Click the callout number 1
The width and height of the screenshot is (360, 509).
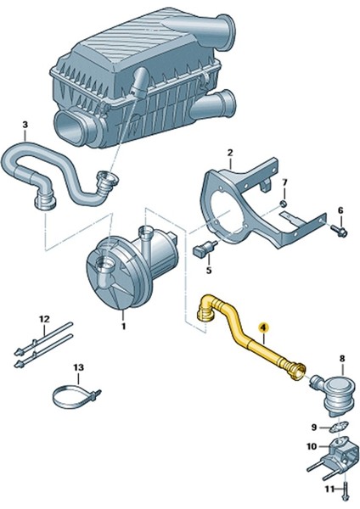[122, 325]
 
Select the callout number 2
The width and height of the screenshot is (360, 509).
[229, 153]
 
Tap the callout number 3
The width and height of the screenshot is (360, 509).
[25, 126]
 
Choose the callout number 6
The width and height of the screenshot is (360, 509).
[340, 210]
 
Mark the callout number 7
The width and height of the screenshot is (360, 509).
[284, 183]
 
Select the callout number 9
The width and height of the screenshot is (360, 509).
[313, 426]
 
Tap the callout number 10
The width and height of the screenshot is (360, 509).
[311, 446]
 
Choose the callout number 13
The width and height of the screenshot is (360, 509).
[78, 367]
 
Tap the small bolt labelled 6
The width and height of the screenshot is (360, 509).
[337, 228]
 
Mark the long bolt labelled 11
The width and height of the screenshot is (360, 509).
[346, 489]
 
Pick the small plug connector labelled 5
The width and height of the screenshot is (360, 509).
[205, 249]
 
